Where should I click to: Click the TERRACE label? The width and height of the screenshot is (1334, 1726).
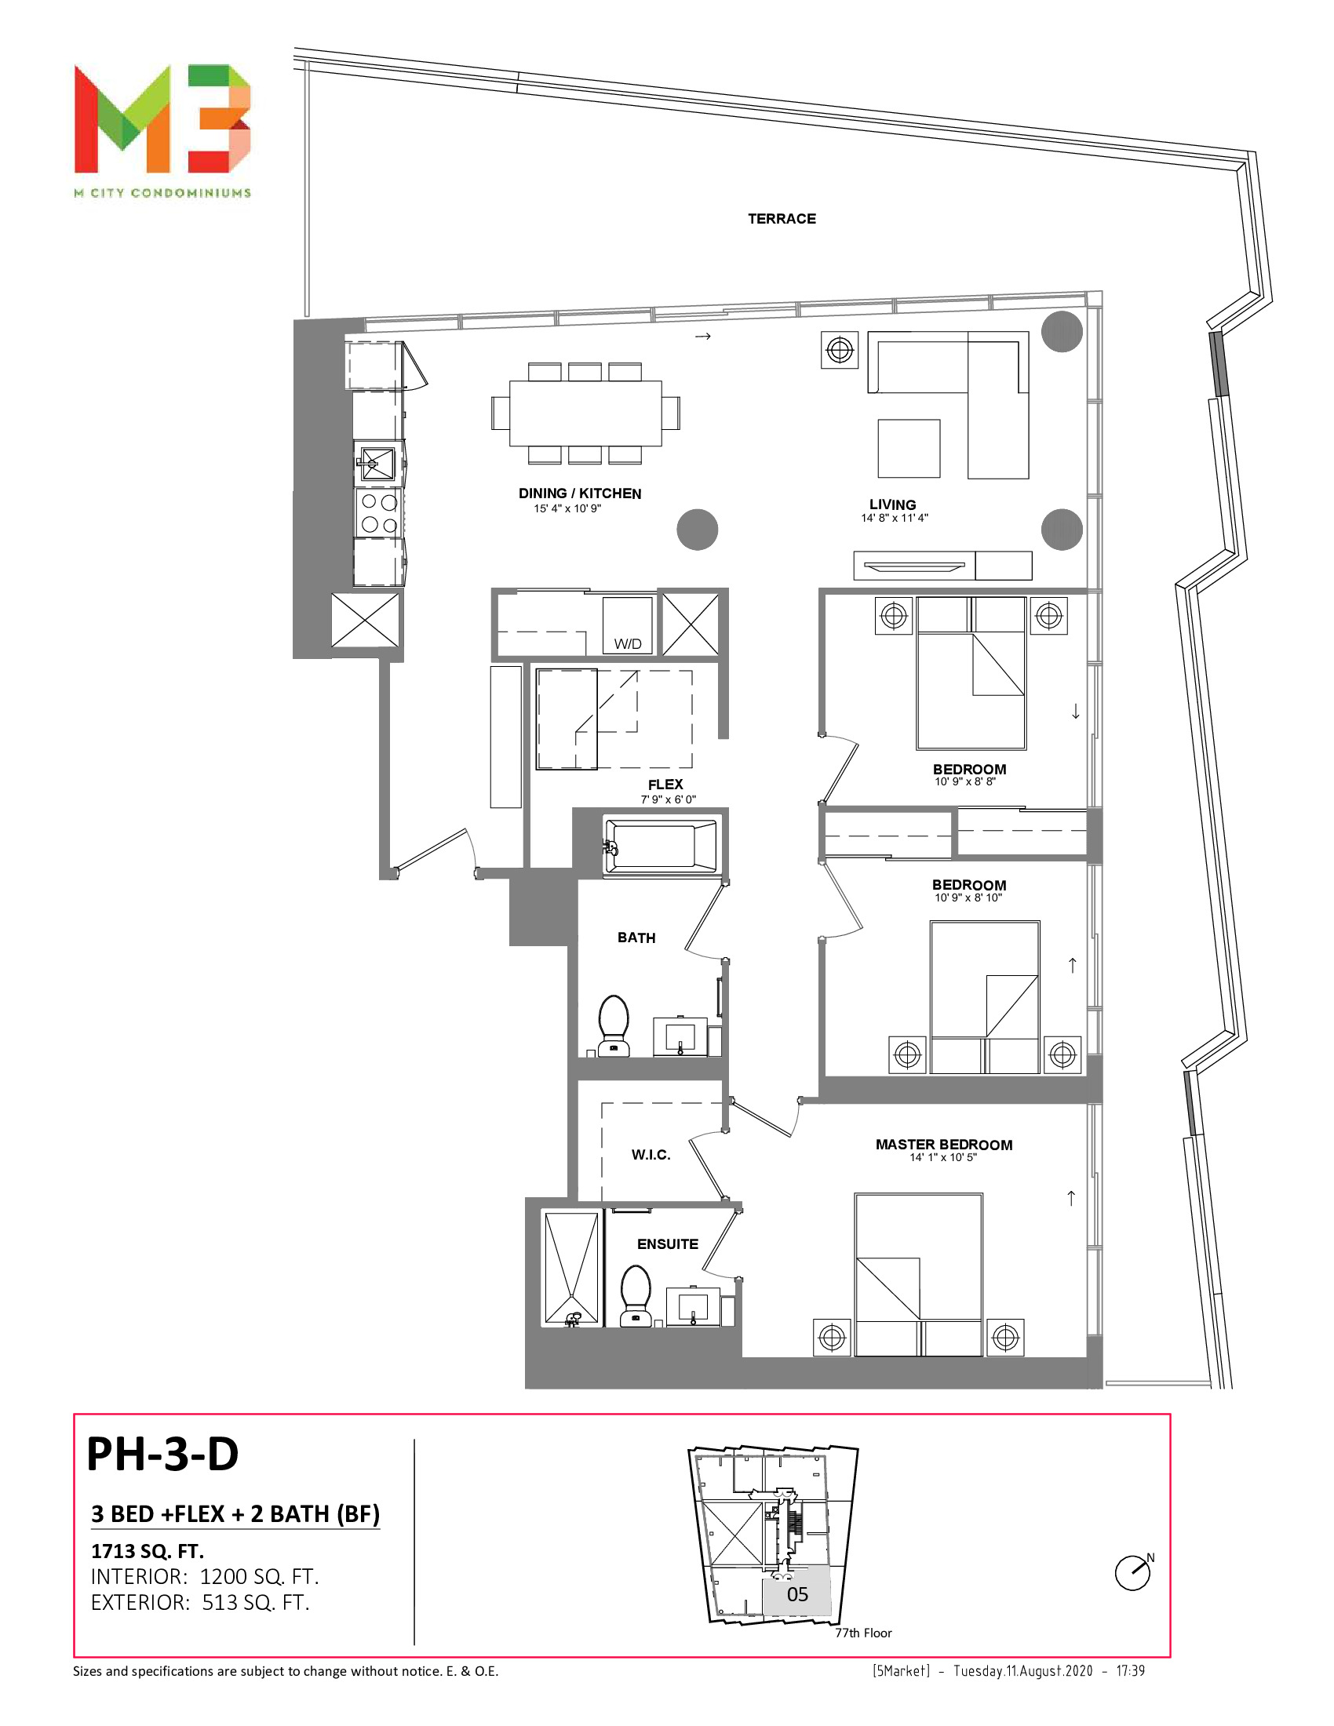pos(782,219)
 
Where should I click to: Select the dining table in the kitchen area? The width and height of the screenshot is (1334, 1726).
pos(585,413)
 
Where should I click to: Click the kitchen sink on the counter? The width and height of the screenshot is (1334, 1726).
pos(377,463)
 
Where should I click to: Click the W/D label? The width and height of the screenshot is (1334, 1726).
pos(629,644)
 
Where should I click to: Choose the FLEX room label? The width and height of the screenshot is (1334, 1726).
pos(665,785)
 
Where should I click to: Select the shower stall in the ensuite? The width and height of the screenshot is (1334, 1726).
pos(572,1269)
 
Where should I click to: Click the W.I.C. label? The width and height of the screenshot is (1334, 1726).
pos(651,1156)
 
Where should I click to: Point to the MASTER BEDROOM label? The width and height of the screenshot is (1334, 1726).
pos(943,1145)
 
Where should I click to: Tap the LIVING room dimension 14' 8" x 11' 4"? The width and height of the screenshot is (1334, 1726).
pos(895,519)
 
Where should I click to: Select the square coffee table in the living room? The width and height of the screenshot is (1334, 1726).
pos(909,448)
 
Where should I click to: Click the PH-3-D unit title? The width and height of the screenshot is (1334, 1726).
pos(162,1454)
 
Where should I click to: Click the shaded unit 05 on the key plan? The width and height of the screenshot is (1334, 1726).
pos(796,1595)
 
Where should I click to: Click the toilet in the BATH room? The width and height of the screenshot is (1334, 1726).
pos(614,1026)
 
